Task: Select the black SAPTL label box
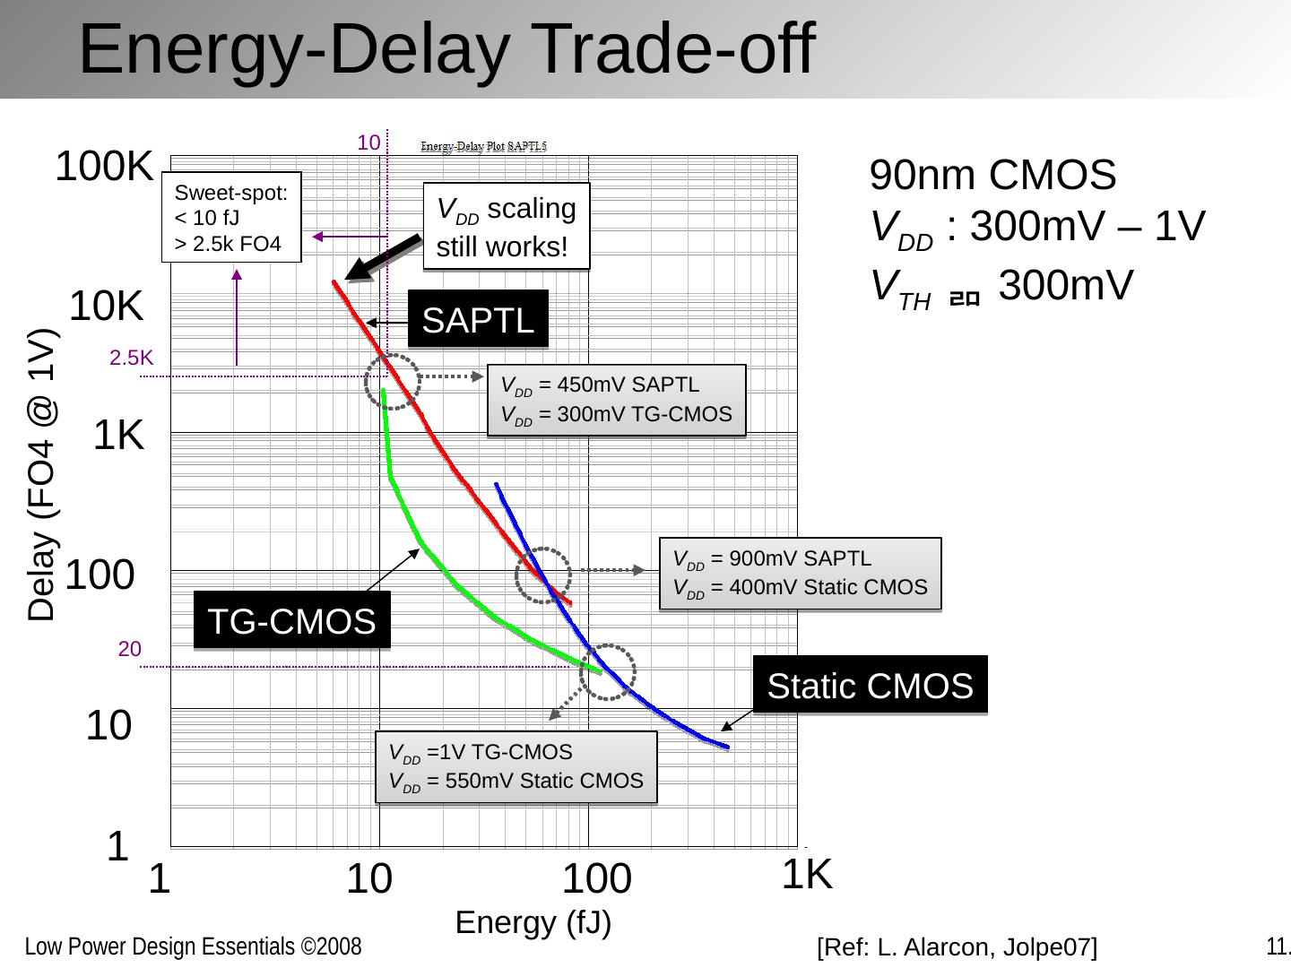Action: (x=478, y=319)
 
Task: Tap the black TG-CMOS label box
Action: (x=291, y=620)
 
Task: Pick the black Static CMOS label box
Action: (x=870, y=686)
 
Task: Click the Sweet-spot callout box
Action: (x=231, y=218)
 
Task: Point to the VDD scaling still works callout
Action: (x=507, y=227)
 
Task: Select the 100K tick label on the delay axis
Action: (x=104, y=167)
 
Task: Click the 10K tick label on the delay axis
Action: (x=107, y=307)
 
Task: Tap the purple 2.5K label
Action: (x=131, y=359)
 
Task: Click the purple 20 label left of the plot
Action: (x=130, y=650)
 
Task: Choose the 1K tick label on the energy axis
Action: (x=807, y=875)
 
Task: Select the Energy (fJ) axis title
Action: (x=533, y=922)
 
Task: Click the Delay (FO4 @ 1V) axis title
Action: (x=41, y=475)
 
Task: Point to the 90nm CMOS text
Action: (x=993, y=176)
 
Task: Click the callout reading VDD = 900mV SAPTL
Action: (x=800, y=573)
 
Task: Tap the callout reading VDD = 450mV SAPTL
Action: (x=616, y=400)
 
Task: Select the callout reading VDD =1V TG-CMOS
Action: (x=516, y=766)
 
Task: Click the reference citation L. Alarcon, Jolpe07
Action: (x=957, y=946)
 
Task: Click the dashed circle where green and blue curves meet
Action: (x=608, y=671)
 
